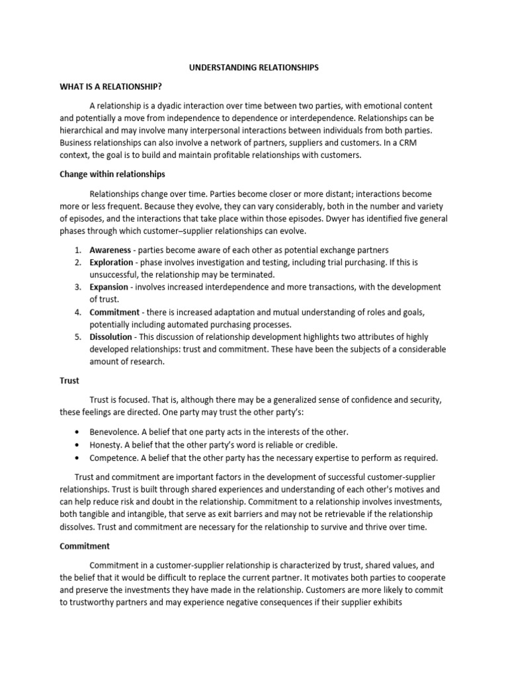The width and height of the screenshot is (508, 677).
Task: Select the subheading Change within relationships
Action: tap(112, 175)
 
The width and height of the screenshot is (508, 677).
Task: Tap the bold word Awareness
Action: tap(110, 250)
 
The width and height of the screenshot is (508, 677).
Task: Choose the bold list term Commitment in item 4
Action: tap(114, 312)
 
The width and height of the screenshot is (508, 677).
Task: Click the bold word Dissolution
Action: tap(111, 337)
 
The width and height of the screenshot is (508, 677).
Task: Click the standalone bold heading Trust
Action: tap(69, 381)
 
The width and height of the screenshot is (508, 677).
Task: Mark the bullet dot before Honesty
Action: tap(78, 445)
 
